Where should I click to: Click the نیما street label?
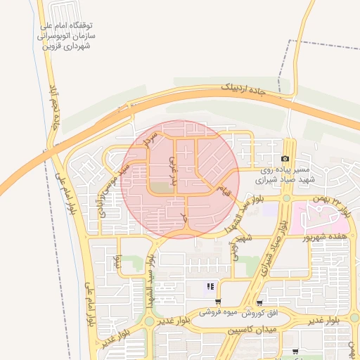[x=119, y=261]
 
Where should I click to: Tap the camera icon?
[x=285, y=159]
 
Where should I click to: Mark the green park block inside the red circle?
[x=162, y=187]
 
